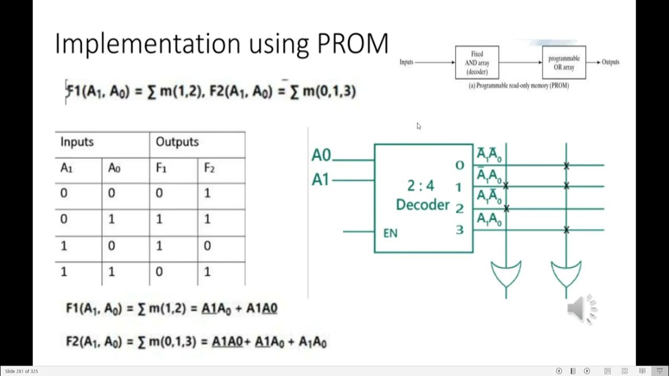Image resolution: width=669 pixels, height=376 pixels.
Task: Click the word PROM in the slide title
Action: click(353, 44)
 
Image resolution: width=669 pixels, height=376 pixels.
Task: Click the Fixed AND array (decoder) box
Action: click(477, 63)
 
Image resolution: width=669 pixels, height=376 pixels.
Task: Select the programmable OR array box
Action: click(564, 63)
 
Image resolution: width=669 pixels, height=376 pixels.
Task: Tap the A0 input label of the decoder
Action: click(321, 155)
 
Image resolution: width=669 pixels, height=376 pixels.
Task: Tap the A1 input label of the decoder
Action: click(321, 180)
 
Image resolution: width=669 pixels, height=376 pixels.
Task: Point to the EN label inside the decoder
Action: click(390, 233)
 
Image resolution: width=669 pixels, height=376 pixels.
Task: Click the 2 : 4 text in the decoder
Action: click(420, 185)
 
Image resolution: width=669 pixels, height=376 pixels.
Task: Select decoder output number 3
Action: click(459, 230)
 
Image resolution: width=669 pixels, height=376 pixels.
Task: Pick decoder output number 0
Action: click(459, 166)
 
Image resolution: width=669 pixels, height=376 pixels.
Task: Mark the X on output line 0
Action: click(566, 166)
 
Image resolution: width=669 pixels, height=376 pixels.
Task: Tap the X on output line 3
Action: click(566, 230)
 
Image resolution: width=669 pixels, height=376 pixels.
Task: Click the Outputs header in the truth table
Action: click(177, 142)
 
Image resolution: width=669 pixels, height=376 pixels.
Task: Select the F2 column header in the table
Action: click(210, 168)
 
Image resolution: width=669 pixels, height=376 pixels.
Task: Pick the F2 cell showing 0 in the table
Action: click(207, 245)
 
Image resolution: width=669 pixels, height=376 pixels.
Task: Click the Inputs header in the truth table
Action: click(77, 142)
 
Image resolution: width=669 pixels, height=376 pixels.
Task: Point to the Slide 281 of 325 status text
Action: click(21, 371)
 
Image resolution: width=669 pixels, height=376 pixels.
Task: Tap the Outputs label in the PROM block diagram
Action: click(610, 62)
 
